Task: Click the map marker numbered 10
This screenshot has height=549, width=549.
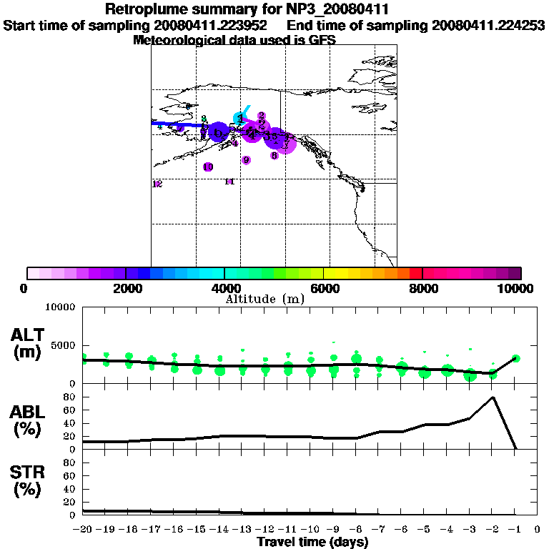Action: coord(208,167)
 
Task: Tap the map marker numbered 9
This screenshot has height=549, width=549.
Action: coord(246,160)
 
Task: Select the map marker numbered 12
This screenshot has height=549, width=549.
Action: coord(157,184)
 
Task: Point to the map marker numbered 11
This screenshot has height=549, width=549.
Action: coord(229,182)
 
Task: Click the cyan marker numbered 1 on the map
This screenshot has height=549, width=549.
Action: coord(239,118)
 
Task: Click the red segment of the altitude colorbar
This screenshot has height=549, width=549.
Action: coord(416,273)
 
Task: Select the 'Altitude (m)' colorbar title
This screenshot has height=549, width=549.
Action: coord(265,299)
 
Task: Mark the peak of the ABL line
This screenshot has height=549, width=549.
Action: coord(493,397)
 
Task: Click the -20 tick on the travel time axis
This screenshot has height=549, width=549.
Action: coord(83,530)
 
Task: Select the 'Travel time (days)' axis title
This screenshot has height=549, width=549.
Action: coord(312,543)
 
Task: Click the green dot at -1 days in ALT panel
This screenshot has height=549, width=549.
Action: coord(515,358)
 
